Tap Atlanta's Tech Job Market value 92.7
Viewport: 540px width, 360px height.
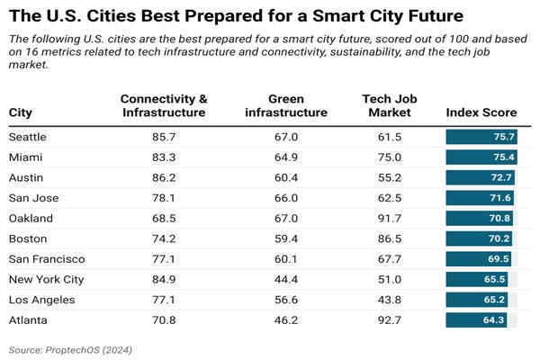click(x=386, y=319)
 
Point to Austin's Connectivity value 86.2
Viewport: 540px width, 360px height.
click(x=163, y=177)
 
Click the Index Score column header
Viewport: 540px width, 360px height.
click(x=481, y=112)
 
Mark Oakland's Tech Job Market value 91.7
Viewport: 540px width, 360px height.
click(x=386, y=218)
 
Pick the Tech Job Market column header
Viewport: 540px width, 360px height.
click(x=386, y=105)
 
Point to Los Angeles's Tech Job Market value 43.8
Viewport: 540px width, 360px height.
click(x=386, y=299)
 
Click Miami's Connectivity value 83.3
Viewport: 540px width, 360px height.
click(x=163, y=157)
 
